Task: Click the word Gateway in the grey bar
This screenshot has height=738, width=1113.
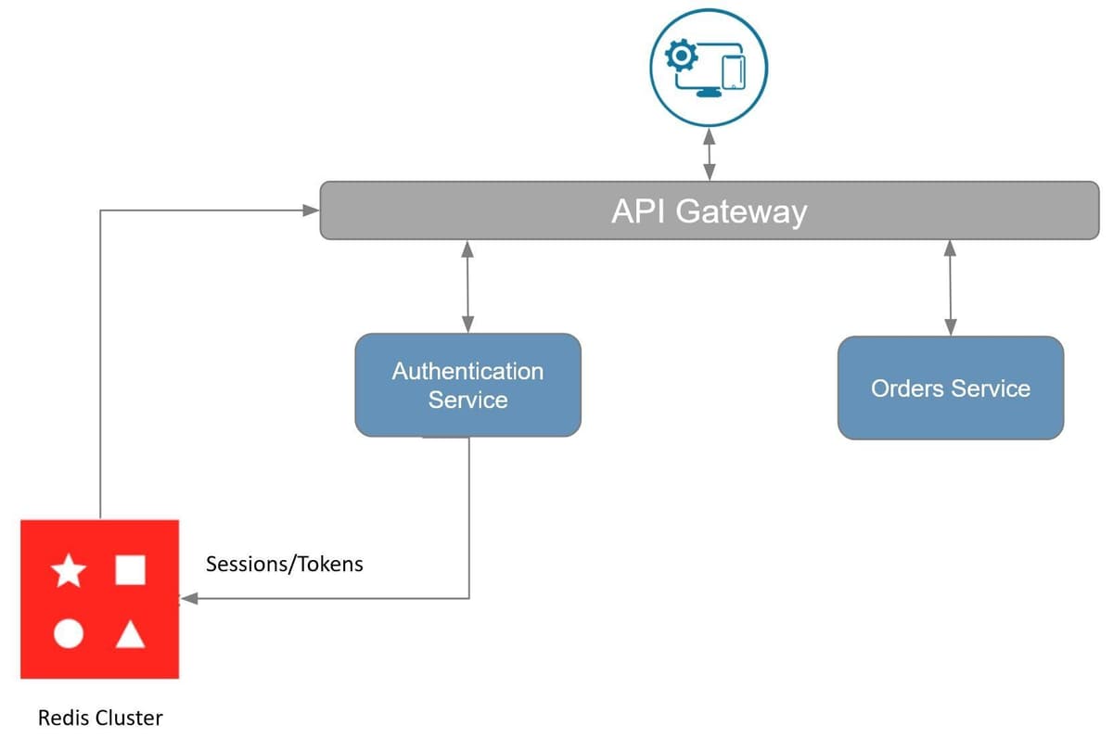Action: coord(741,212)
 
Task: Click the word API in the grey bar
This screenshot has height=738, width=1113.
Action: coord(640,211)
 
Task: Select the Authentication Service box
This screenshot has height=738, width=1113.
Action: coord(467,385)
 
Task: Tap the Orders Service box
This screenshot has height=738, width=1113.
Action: coord(950,388)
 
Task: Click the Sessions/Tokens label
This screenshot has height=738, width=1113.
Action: coord(284,564)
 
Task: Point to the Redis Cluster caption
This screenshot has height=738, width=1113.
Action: coord(100,718)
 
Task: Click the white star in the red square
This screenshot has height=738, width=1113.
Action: coord(69,571)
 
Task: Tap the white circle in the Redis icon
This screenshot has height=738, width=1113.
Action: coord(69,634)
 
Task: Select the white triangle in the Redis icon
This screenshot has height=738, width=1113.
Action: coord(130,635)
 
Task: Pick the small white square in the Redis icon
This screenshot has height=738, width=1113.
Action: coord(130,570)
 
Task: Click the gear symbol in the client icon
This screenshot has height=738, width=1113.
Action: coord(683,57)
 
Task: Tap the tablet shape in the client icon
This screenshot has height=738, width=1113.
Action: coord(733,73)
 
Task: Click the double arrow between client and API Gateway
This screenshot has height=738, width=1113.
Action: coord(710,154)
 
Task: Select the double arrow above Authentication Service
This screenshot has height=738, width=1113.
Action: coord(467,286)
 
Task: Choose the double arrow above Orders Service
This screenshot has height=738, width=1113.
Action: coord(950,287)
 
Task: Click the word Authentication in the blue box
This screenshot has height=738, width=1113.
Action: coord(467,372)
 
